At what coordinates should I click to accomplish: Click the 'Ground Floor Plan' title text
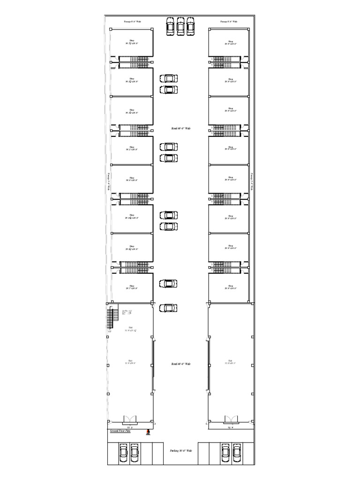coord(120,431)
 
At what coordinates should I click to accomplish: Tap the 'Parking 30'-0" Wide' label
coord(180,451)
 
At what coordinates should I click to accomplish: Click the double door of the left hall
coord(129,420)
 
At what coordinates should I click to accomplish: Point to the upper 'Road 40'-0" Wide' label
coord(180,128)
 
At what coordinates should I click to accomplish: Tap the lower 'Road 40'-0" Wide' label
coord(180,364)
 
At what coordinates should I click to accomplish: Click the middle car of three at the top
coord(180,26)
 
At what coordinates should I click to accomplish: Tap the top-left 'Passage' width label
coord(132,22)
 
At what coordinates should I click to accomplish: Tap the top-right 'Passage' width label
coord(229,22)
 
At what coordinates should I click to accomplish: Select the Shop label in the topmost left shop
coord(132,42)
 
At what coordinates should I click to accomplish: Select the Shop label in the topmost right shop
coord(230,42)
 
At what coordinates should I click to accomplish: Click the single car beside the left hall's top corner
coord(168,308)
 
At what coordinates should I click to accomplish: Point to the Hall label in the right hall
coord(230,361)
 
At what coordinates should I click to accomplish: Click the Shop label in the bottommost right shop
coord(230,287)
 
